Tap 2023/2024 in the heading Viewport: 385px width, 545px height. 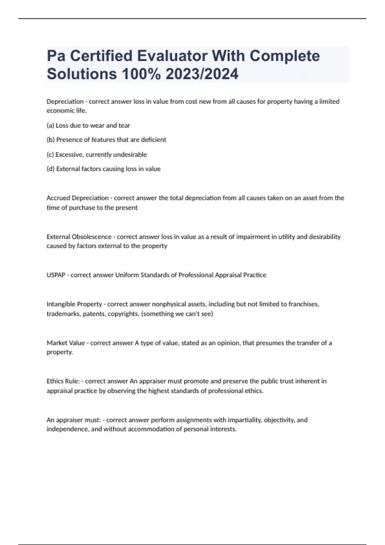pyautogui.click(x=202, y=74)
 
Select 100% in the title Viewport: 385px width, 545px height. pyautogui.click(x=141, y=74)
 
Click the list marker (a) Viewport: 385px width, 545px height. pyautogui.click(x=50, y=125)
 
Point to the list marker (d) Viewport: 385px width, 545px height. pyautogui.click(x=51, y=169)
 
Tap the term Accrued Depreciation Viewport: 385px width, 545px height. pyautogui.click(x=77, y=198)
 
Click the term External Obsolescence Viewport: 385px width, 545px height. pyautogui.click(x=79, y=237)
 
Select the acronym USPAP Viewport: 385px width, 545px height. pyautogui.click(x=56, y=275)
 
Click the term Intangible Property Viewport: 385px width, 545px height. pyautogui.click(x=74, y=304)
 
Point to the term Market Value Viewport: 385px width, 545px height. pyautogui.click(x=66, y=343)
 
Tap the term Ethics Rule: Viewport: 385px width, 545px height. pyautogui.click(x=63, y=381)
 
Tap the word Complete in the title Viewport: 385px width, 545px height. pyautogui.click(x=285, y=56)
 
